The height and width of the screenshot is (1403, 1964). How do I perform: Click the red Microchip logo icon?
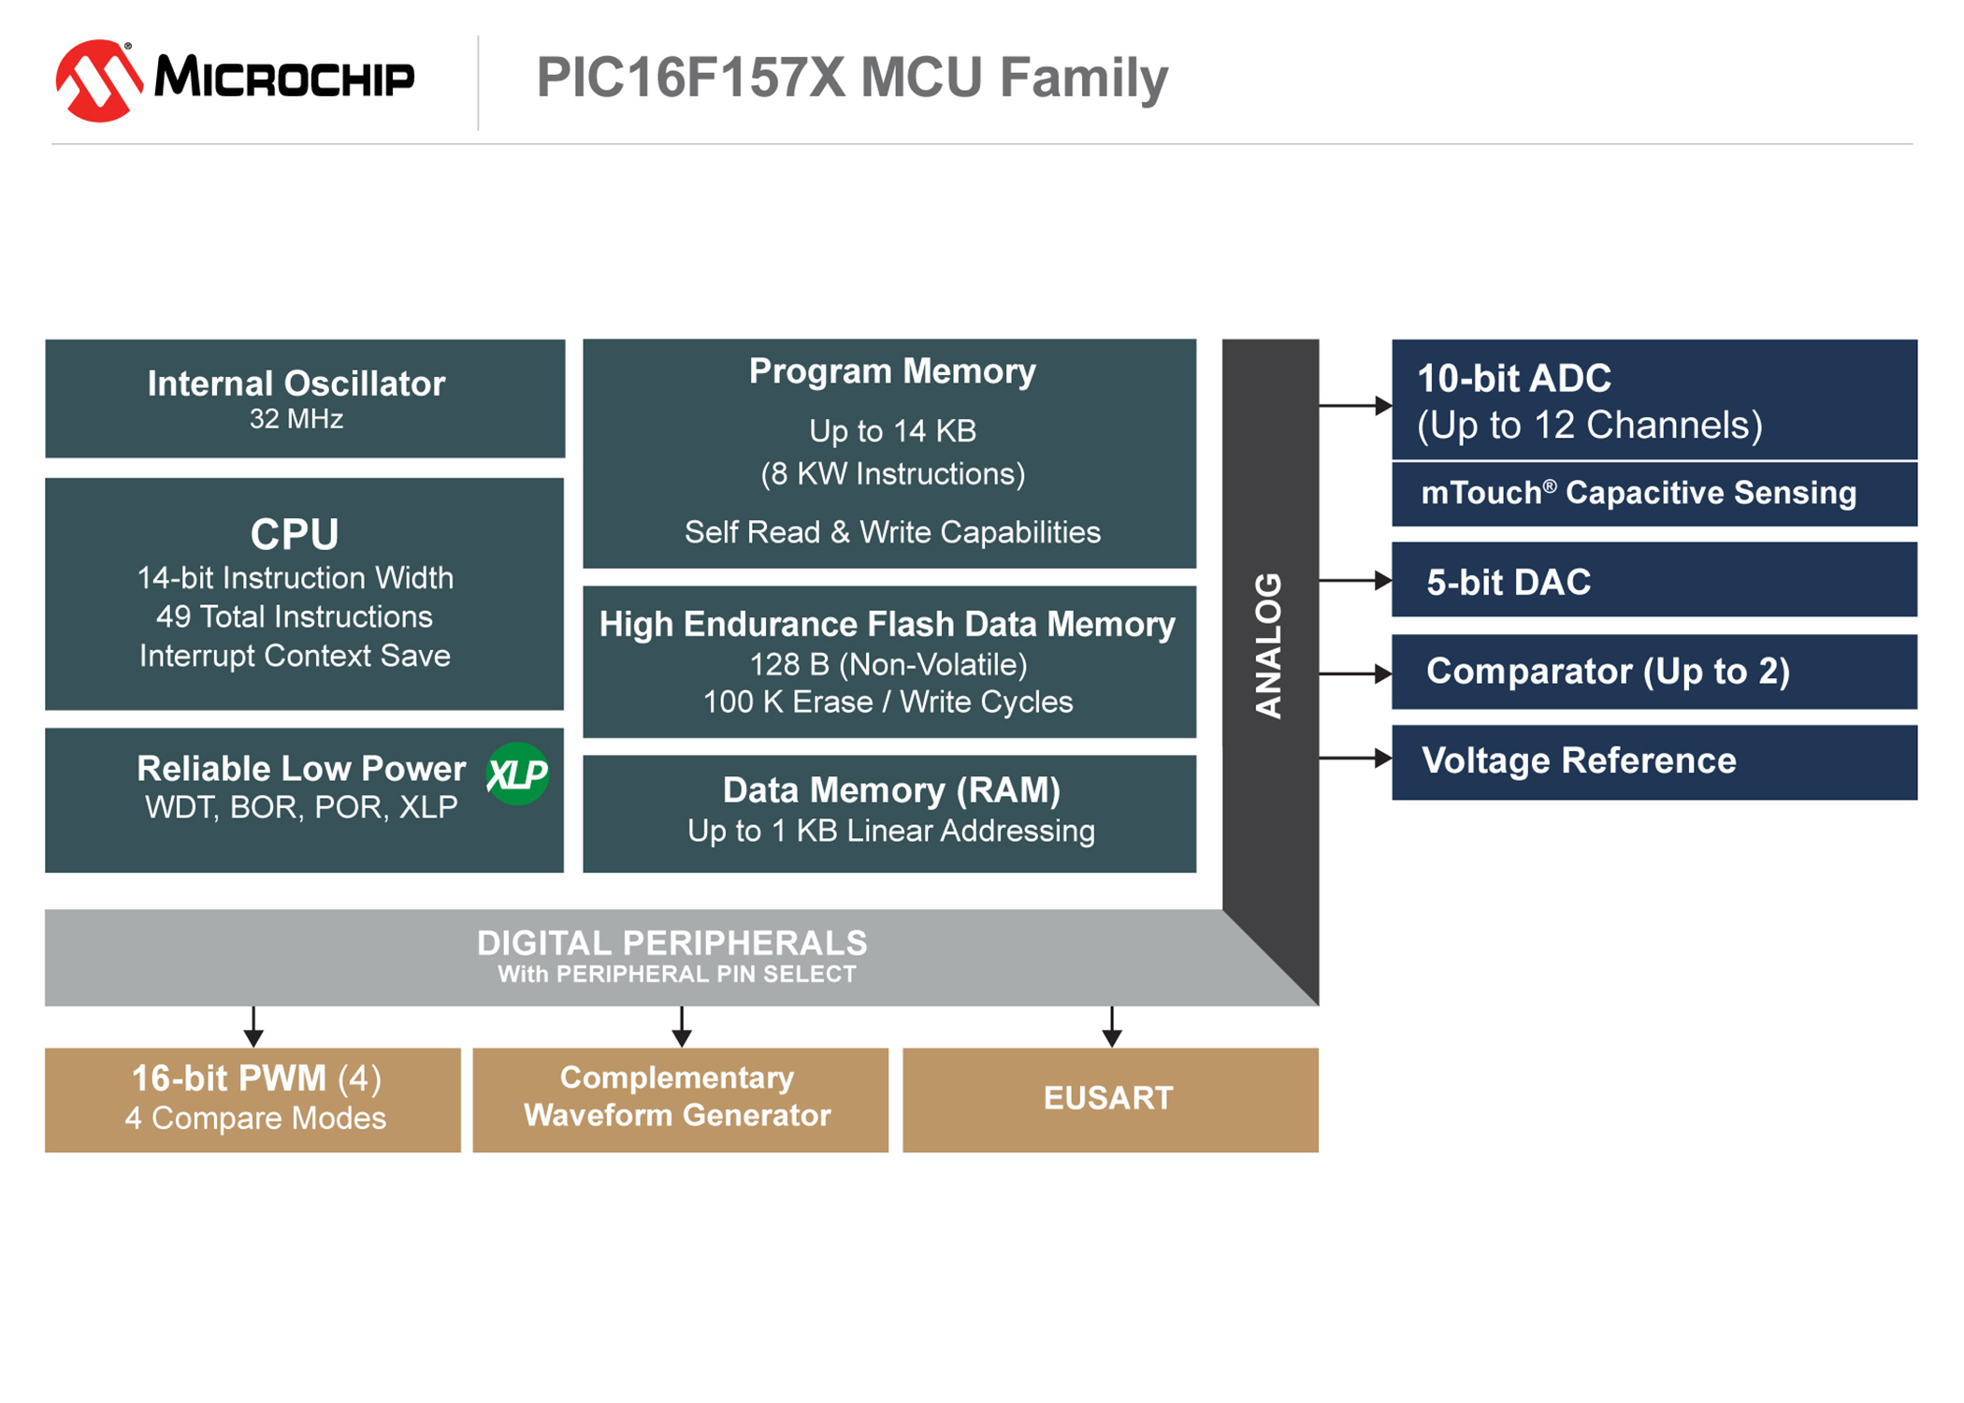pyautogui.click(x=99, y=80)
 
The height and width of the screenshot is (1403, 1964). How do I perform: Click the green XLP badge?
pyautogui.click(x=517, y=774)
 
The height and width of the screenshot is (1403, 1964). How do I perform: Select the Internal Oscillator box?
pyautogui.click(x=305, y=398)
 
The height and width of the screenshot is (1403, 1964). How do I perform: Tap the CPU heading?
pyautogui.click(x=295, y=534)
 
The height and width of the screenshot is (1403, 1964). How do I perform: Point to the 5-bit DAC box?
pyautogui.click(x=1654, y=580)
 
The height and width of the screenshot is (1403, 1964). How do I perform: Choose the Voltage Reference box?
pyautogui.click(x=1654, y=762)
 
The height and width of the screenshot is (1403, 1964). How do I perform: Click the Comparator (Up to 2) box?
pyautogui.click(x=1654, y=672)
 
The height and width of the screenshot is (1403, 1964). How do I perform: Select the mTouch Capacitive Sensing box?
pyautogui.click(x=1654, y=494)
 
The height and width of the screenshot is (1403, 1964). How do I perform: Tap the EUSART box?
pyautogui.click(x=1110, y=1100)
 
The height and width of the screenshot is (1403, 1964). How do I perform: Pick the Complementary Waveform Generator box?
pyautogui.click(x=680, y=1100)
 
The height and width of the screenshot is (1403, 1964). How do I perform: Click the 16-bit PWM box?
pyautogui.click(x=253, y=1100)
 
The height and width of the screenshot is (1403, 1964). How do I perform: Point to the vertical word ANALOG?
pyautogui.click(x=1268, y=645)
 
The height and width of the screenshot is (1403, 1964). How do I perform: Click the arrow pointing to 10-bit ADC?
pyautogui.click(x=1355, y=405)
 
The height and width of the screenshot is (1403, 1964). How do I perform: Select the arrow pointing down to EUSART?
pyautogui.click(x=1111, y=1027)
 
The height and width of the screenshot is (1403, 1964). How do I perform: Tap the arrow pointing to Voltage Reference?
pyautogui.click(x=1355, y=758)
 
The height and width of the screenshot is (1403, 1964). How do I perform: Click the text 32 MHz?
pyautogui.click(x=296, y=419)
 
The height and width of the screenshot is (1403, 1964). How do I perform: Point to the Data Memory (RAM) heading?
pyautogui.click(x=891, y=790)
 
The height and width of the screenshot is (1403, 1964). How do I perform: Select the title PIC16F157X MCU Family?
pyautogui.click(x=852, y=79)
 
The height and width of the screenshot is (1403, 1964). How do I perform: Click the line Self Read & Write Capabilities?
pyautogui.click(x=892, y=532)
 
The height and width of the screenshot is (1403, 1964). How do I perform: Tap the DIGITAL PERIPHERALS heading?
pyautogui.click(x=672, y=943)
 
